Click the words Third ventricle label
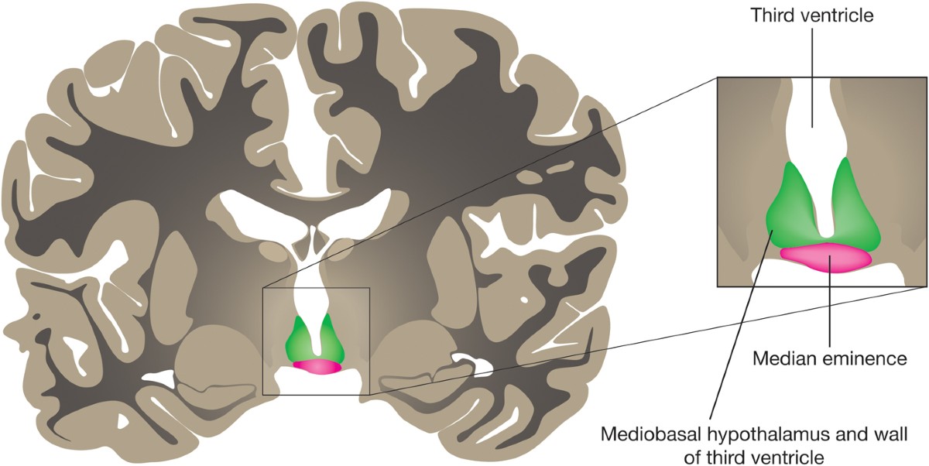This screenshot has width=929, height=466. pyautogui.click(x=812, y=15)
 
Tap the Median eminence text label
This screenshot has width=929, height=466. pyautogui.click(x=830, y=358)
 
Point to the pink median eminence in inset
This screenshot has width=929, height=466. pyautogui.click(x=826, y=258)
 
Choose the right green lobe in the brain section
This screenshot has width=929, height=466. pyautogui.click(x=331, y=341)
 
